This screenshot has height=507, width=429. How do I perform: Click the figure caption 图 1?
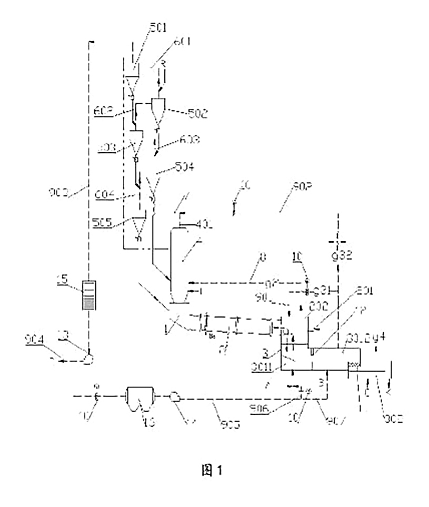(x=214, y=471)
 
